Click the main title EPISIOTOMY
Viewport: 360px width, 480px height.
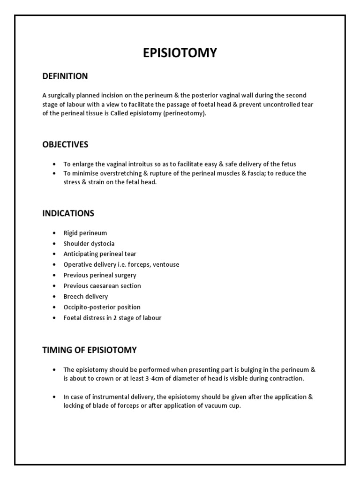[180, 53]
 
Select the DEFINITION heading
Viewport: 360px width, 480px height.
[65, 76]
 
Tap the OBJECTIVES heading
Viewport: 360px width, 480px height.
[65, 144]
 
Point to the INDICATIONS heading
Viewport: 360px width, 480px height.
[68, 213]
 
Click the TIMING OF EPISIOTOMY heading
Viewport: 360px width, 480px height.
[90, 350]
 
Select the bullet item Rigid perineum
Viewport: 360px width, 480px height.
[85, 233]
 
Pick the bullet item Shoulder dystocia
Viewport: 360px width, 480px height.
[89, 244]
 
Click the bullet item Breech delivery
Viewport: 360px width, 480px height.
[86, 296]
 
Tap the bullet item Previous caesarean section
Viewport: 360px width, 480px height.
[102, 285]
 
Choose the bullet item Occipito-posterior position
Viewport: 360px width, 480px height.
[102, 307]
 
